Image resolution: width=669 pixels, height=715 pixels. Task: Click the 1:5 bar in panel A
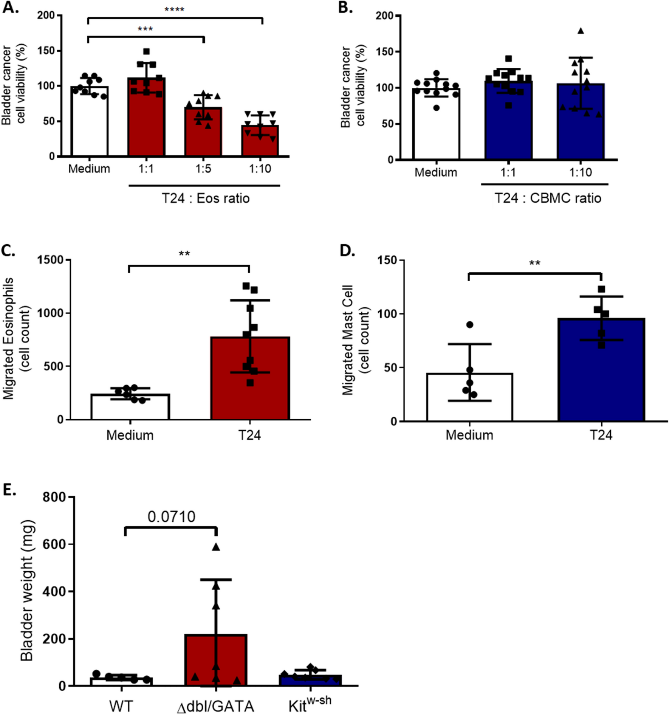pyautogui.click(x=203, y=132)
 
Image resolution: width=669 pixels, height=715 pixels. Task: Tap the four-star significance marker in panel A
pyautogui.click(x=174, y=9)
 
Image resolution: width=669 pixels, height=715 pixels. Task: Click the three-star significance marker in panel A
pyautogui.click(x=145, y=29)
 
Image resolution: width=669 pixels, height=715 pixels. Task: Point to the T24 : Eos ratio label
pyautogui.click(x=206, y=198)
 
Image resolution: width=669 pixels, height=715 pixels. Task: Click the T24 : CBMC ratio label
pyautogui.click(x=548, y=198)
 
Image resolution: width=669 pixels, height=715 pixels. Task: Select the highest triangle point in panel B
pyautogui.click(x=581, y=31)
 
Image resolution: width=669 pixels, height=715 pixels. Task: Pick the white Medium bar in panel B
pyautogui.click(x=436, y=125)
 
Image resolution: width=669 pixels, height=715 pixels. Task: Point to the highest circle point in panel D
pyautogui.click(x=470, y=325)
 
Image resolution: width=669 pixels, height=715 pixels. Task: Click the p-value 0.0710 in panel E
pyautogui.click(x=171, y=517)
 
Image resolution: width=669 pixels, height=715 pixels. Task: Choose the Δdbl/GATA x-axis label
pyautogui.click(x=215, y=706)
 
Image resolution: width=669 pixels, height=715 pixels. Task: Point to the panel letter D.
pyautogui.click(x=347, y=251)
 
